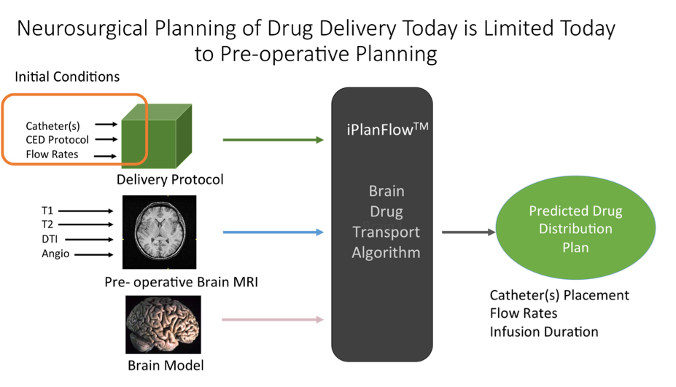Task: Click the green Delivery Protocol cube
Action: coord(155,138)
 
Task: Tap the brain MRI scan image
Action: coord(159,232)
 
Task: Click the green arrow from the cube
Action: coord(273,139)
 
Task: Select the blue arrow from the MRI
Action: coord(273,232)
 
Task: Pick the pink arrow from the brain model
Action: coord(273,319)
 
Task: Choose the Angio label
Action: coord(55,254)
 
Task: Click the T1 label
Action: coord(47,211)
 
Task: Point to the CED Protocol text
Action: coord(57,139)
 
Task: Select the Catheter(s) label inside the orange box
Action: coord(53,125)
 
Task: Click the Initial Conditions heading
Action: coord(67,77)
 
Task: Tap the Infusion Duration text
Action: coord(544,332)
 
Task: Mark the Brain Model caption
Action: coord(166,365)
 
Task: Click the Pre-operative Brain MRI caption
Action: coord(181,281)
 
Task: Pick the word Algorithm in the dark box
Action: coord(386,253)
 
